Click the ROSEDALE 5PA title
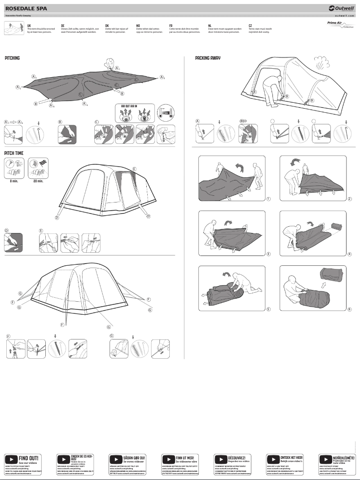tap(25, 8)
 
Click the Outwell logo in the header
tap(341, 8)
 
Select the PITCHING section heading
tap(12, 58)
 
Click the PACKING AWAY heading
tap(208, 58)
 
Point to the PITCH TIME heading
tap(13, 153)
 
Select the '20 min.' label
tap(38, 181)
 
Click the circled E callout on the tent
tap(134, 168)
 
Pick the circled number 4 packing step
tap(349, 254)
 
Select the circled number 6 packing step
tap(349, 309)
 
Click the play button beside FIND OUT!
tap(11, 460)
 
